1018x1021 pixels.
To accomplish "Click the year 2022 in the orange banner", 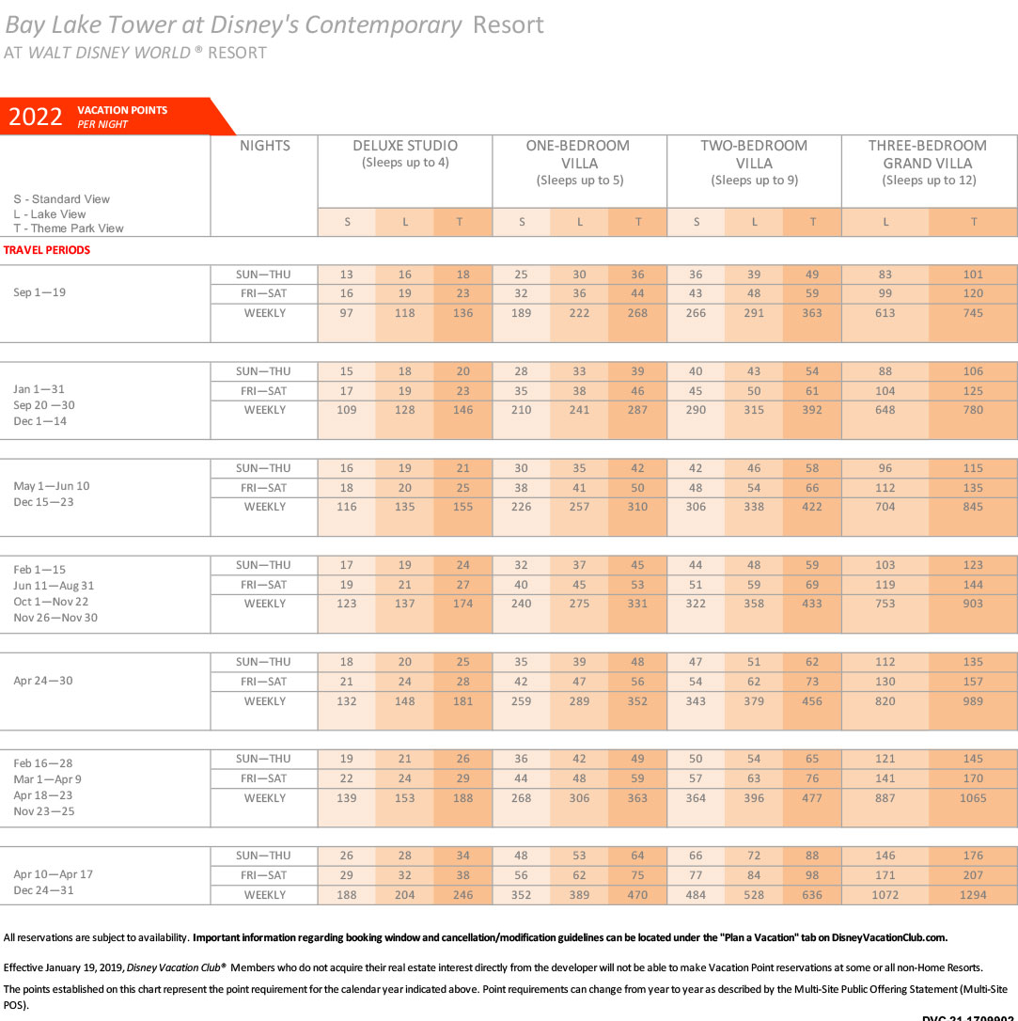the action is [x=35, y=117].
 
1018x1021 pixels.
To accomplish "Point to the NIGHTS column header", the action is [x=265, y=146].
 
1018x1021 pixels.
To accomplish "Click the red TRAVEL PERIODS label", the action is [x=47, y=250].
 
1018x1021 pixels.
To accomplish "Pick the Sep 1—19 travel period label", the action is [x=39, y=292].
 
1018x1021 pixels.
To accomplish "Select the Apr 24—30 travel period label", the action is [x=43, y=681].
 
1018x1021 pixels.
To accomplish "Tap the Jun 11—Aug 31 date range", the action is [x=54, y=586].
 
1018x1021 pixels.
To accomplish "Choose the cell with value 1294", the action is [x=973, y=895].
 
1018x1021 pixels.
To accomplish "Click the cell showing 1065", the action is [x=973, y=797].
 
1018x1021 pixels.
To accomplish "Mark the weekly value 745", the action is [x=973, y=313].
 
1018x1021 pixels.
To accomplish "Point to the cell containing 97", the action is [x=346, y=313].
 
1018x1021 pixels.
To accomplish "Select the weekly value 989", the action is [x=973, y=701].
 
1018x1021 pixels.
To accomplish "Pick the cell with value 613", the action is [x=885, y=313].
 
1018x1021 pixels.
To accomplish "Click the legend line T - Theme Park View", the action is [x=69, y=228].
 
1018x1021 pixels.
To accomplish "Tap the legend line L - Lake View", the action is [x=50, y=214].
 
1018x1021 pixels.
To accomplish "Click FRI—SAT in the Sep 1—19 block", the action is [x=263, y=293].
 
